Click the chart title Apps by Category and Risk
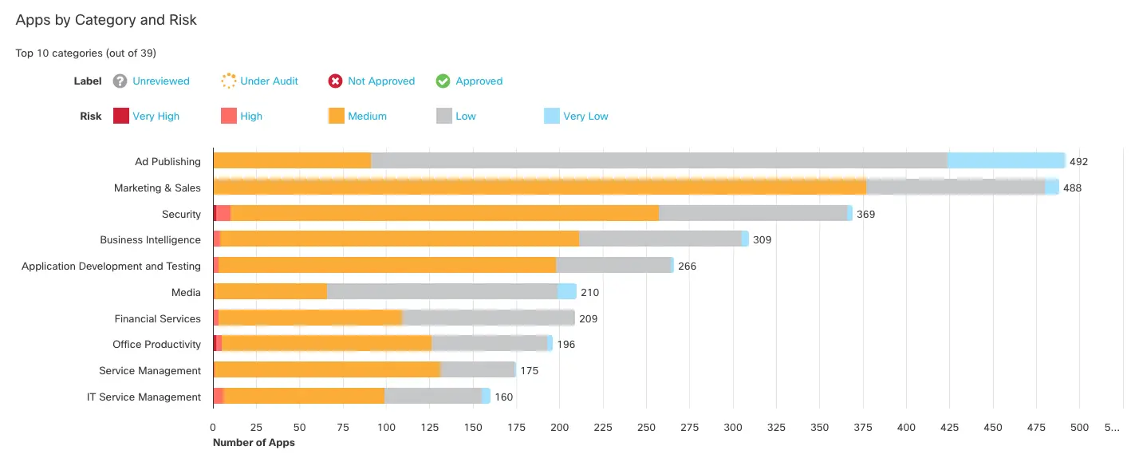pos(106,20)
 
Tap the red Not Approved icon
pos(336,81)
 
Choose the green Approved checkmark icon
pos(443,81)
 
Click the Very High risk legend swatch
pos(121,116)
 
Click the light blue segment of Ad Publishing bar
pos(1006,161)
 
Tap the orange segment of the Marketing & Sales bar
pos(539,188)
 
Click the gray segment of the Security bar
pos(752,214)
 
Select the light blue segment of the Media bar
pos(567,292)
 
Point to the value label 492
pos(1078,161)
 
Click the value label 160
pos(504,397)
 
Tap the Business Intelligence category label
pos(150,239)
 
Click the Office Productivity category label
pos(156,344)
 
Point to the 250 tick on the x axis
pos(646,427)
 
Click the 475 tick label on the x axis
pos(1036,427)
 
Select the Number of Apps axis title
pos(254,442)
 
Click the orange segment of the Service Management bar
pos(326,370)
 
